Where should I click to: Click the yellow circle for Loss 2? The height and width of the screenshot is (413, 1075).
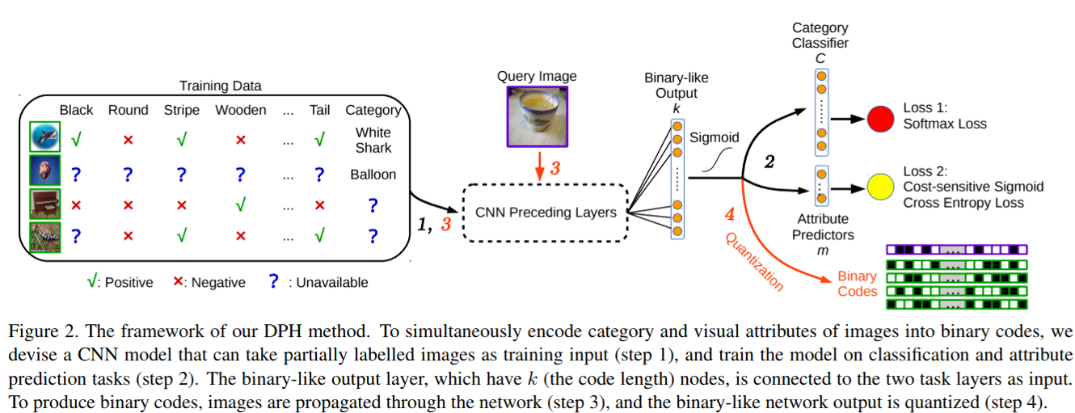[x=880, y=187]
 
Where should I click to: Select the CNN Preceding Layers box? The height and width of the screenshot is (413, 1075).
[x=546, y=213]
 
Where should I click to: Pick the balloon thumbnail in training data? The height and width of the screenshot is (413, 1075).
[x=42, y=172]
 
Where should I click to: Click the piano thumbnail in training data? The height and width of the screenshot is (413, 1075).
[x=42, y=204]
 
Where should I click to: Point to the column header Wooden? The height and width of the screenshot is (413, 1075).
[x=240, y=110]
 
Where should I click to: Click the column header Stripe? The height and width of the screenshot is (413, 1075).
[x=181, y=110]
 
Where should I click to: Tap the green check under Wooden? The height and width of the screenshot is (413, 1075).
[x=240, y=205]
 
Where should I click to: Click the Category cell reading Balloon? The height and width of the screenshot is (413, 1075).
[x=373, y=174]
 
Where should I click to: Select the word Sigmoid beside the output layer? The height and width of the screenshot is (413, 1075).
[x=714, y=137]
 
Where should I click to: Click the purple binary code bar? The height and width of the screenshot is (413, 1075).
[x=958, y=250]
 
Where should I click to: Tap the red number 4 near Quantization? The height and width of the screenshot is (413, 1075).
[x=729, y=215]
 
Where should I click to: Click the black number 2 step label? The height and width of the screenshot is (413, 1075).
[x=769, y=162]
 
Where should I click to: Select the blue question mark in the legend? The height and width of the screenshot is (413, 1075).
[x=273, y=281]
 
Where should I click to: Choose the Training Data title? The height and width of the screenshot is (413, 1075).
[x=221, y=86]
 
